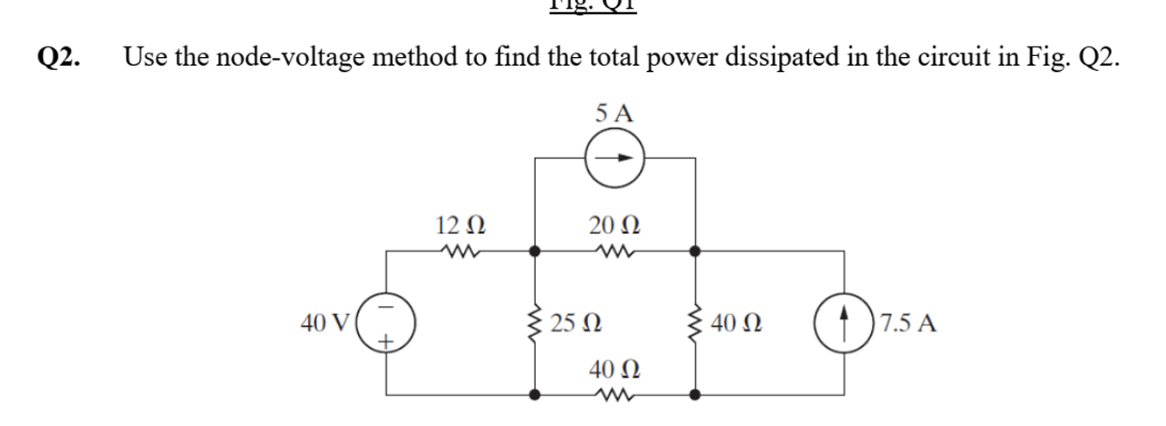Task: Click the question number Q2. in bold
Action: click(60, 58)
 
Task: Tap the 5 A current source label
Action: click(615, 113)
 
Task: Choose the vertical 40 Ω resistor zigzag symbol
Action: click(696, 323)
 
